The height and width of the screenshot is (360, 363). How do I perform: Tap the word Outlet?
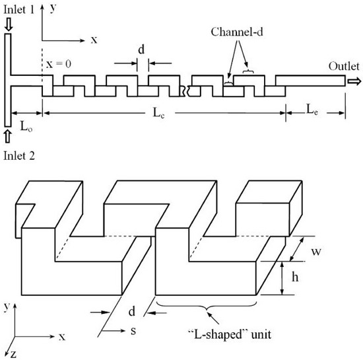click(342, 66)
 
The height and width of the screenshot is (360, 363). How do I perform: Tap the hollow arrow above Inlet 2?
click(7, 136)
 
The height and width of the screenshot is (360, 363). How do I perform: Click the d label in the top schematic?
click(141, 50)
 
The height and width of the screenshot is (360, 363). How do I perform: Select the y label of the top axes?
click(51, 9)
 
